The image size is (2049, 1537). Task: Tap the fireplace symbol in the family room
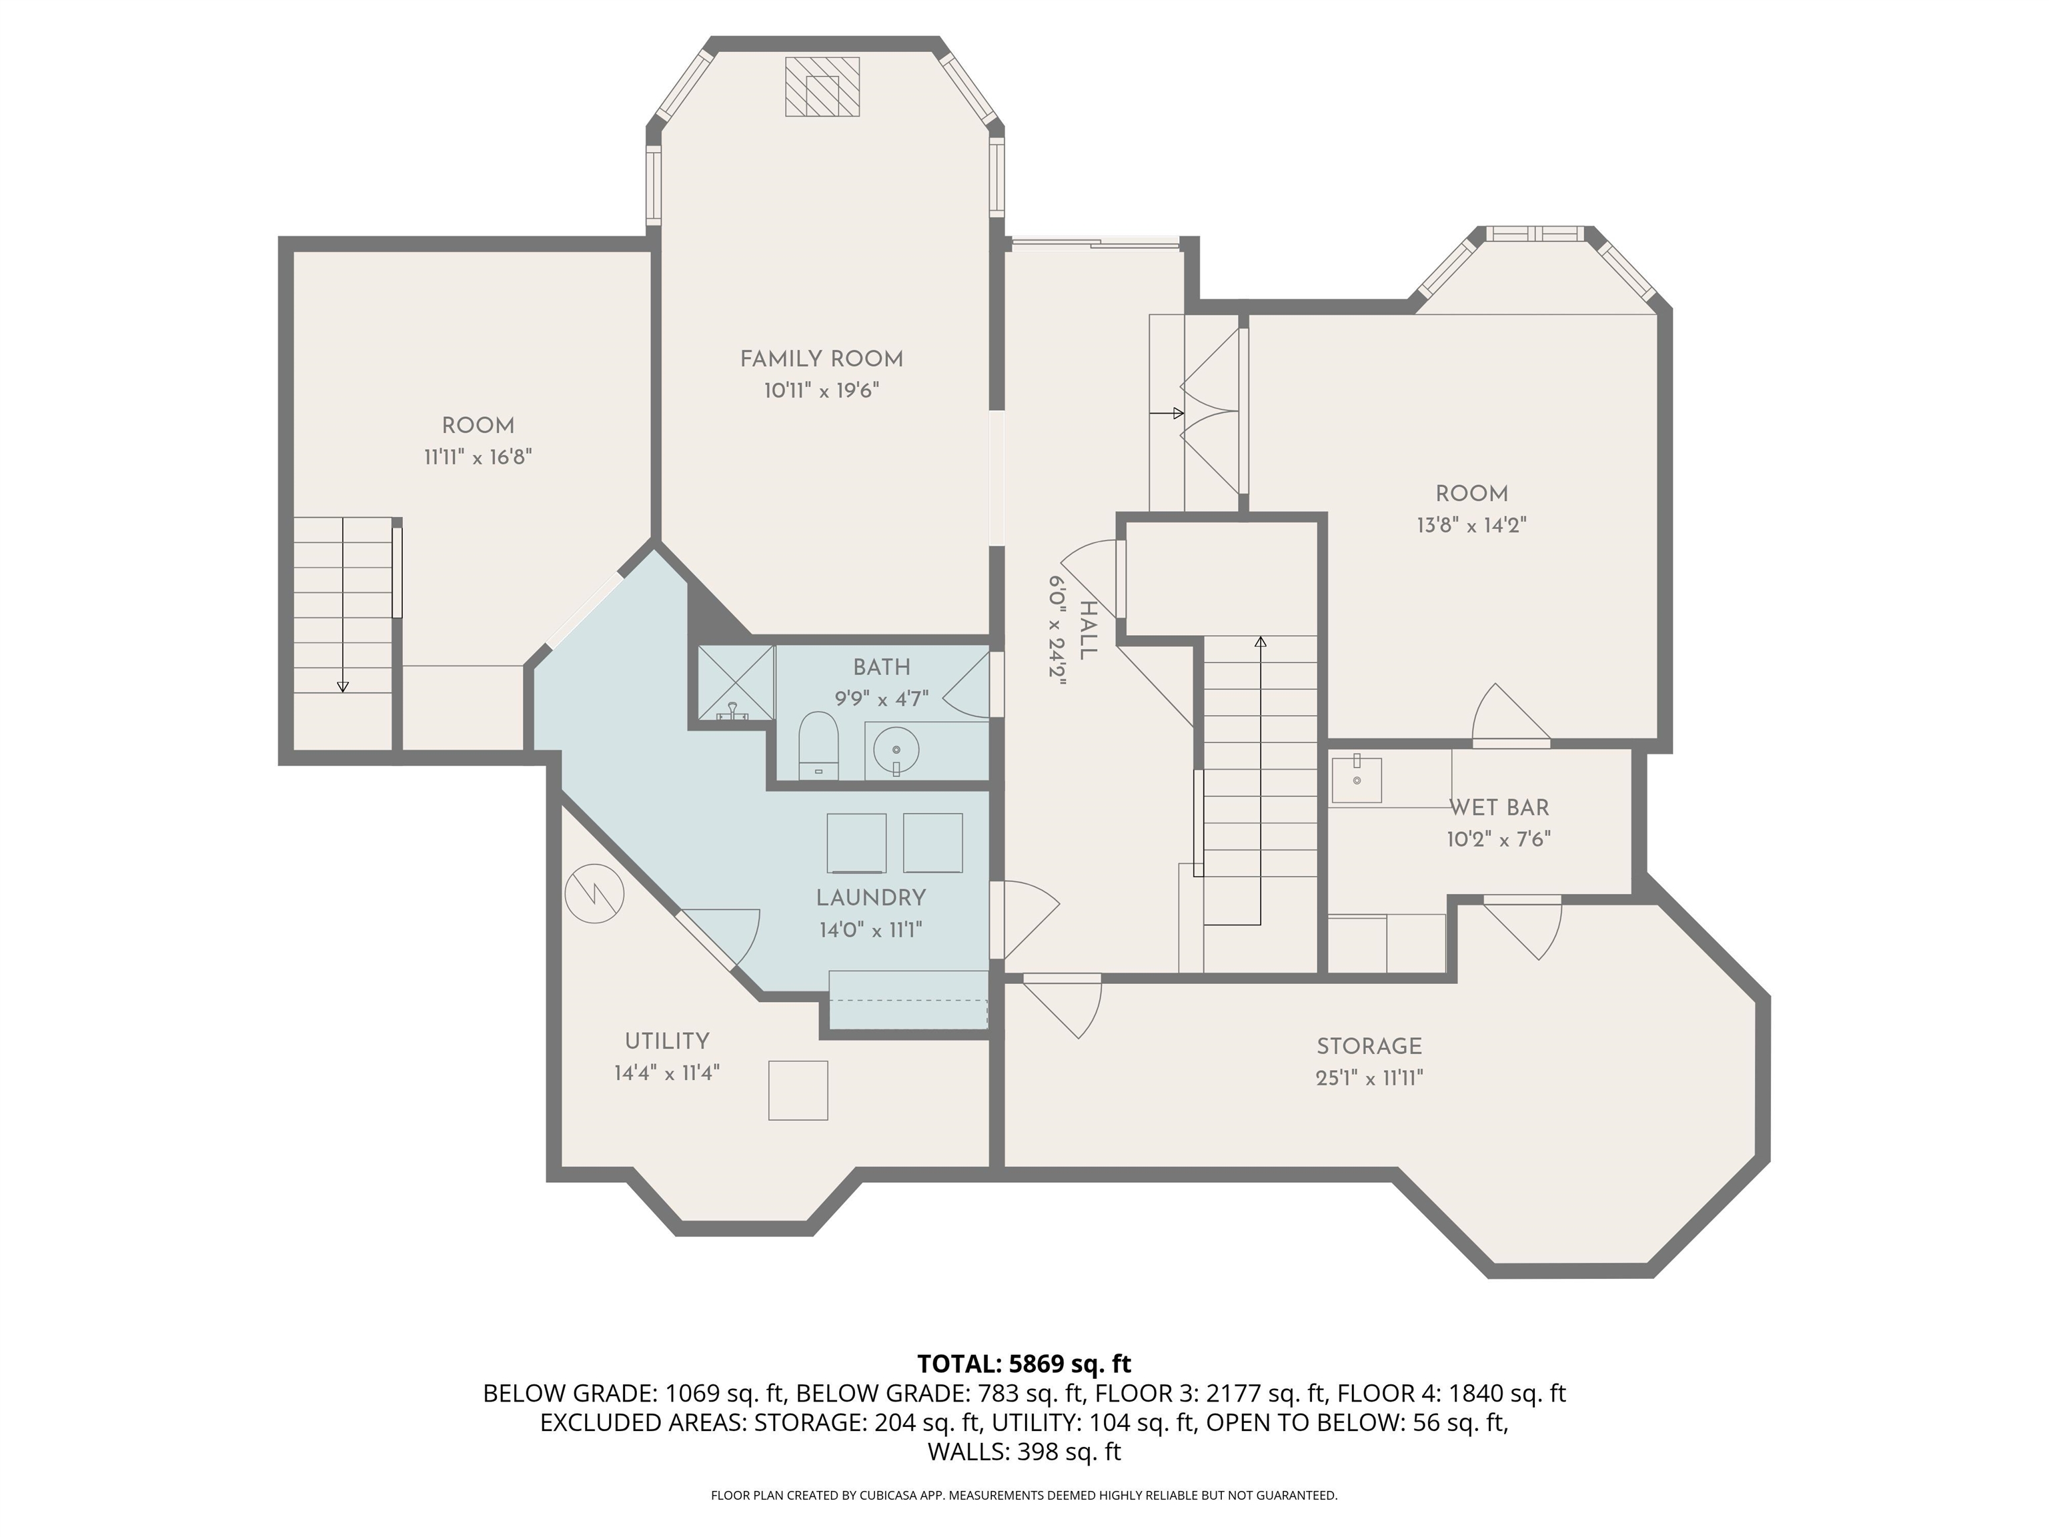822,87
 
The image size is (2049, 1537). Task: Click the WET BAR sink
1357,779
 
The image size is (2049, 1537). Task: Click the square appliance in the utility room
798,1091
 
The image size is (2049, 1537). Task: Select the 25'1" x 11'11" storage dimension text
1369,1077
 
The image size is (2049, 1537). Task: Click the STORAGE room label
1369,1046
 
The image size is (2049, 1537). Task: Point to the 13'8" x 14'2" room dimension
1471,525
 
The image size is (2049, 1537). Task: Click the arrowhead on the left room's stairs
343,686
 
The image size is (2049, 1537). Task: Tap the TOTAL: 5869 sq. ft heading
1024,1364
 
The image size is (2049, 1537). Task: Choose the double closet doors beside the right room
1211,412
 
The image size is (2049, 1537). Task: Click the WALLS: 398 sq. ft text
1024,1452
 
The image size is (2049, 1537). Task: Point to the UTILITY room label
667,1041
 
